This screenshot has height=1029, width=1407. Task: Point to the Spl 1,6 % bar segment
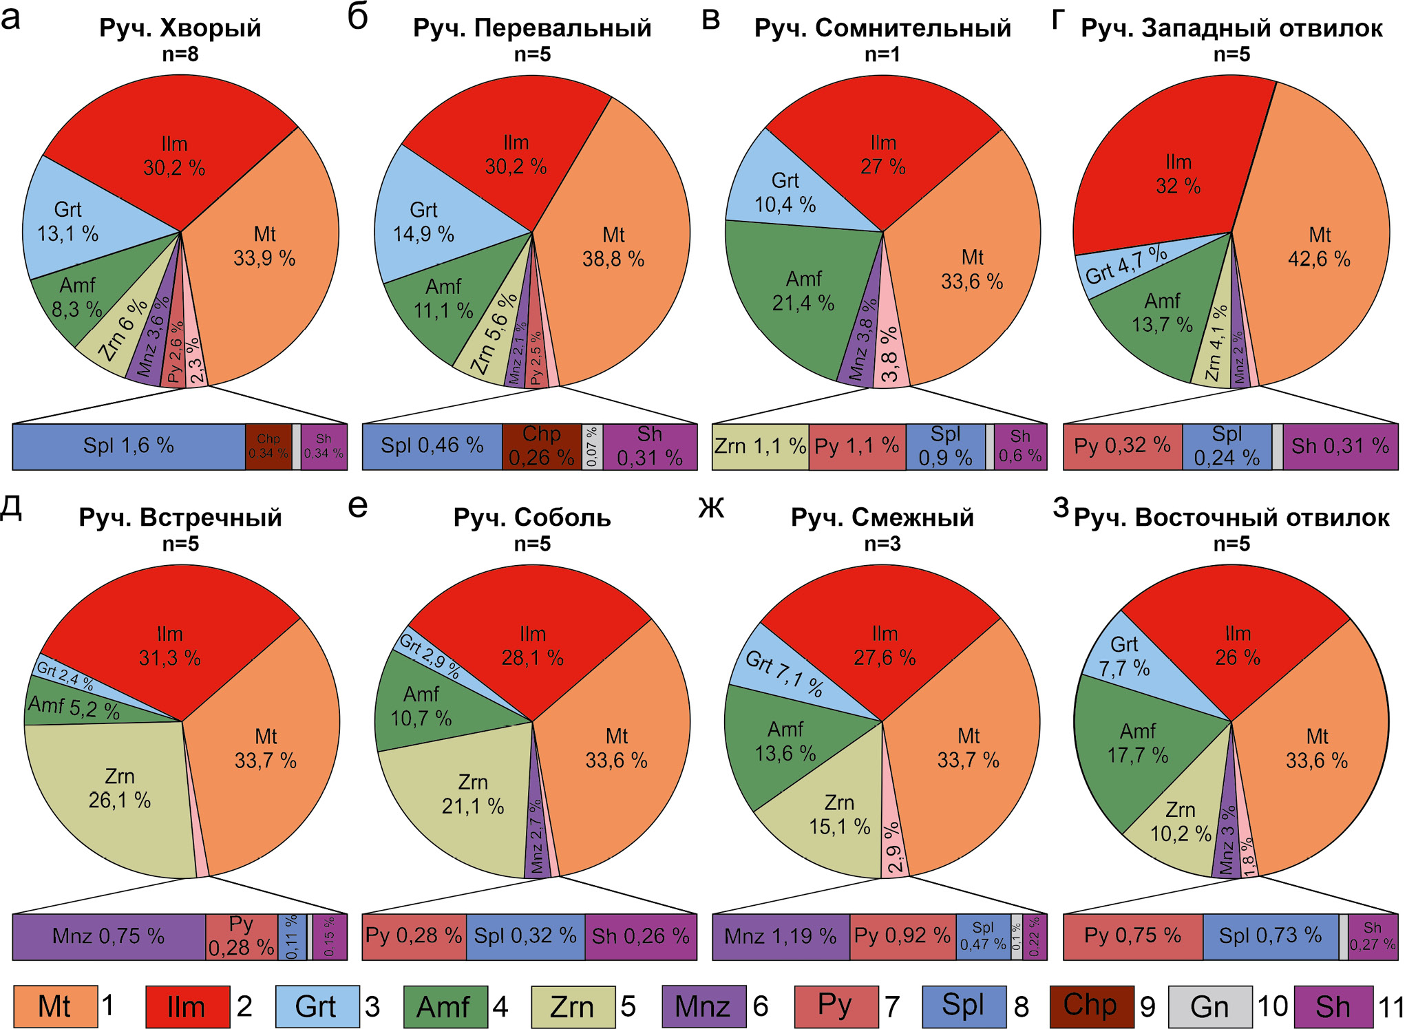(129, 446)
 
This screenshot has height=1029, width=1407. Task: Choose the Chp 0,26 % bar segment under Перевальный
(541, 446)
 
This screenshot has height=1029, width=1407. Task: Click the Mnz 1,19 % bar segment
(780, 936)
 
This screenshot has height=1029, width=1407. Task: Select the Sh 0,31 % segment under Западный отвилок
(1340, 446)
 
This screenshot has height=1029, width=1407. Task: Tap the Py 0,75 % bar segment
(1132, 936)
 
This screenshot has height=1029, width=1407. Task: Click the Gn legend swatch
(1209, 1006)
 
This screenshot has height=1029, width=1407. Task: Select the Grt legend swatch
(317, 1006)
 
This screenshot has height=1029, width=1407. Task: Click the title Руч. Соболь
(532, 518)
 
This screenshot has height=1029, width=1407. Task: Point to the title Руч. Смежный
(882, 518)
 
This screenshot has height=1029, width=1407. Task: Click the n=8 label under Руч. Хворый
(180, 54)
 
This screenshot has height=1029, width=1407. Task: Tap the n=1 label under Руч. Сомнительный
(882, 54)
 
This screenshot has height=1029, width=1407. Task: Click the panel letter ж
(711, 507)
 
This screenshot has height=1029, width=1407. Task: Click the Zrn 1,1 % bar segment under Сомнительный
(760, 446)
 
